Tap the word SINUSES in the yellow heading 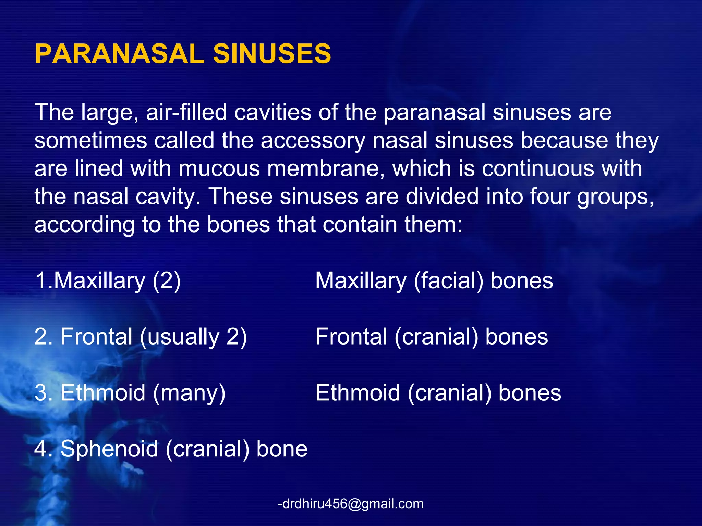(x=272, y=54)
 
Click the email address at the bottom (x=351, y=504)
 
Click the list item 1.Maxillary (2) (x=108, y=281)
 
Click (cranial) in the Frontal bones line (x=436, y=337)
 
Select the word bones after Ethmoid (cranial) (x=530, y=393)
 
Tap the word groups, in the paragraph (x=616, y=197)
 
